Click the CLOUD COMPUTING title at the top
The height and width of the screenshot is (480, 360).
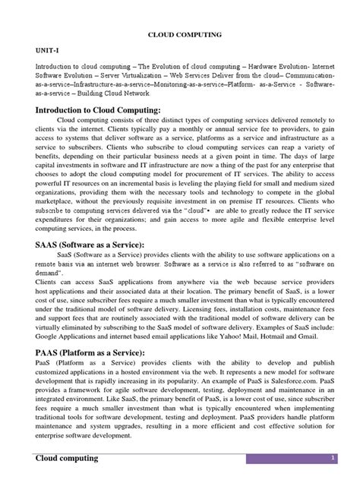tap(179, 34)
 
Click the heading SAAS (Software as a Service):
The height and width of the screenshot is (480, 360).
tap(90, 244)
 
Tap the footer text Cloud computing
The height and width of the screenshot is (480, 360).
tap(68, 460)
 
